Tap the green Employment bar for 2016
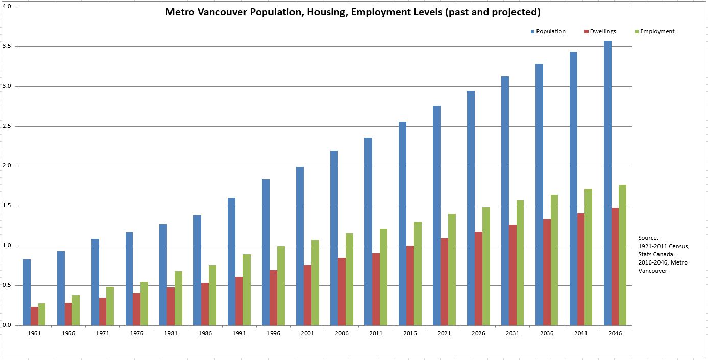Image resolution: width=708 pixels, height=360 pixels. click(418, 273)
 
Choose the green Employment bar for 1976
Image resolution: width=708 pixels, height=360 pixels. click(144, 303)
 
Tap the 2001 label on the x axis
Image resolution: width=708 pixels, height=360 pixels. click(308, 333)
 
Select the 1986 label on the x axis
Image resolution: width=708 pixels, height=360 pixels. click(205, 333)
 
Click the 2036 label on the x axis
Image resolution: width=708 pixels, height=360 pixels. click(547, 333)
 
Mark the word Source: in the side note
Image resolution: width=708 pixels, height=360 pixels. click(648, 238)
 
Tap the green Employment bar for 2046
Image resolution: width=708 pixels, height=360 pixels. click(622, 255)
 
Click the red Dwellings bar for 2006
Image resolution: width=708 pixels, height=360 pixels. click(341, 292)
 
